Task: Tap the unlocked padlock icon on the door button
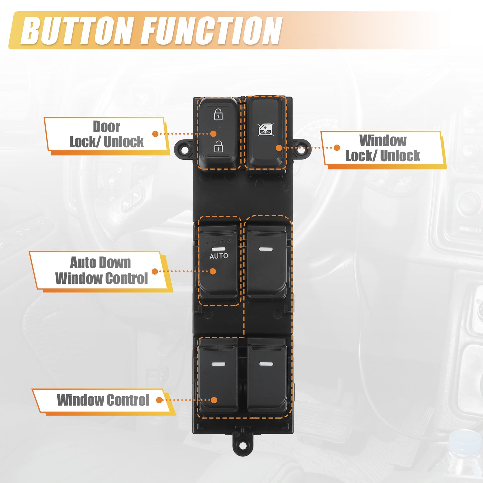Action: click(219, 146)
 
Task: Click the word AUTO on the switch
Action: click(219, 256)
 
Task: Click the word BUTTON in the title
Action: click(77, 31)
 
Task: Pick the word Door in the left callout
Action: click(107, 127)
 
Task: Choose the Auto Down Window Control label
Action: click(102, 271)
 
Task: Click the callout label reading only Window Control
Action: click(103, 400)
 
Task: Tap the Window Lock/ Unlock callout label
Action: click(383, 148)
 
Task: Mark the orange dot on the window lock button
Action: click(279, 148)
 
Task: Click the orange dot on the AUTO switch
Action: click(213, 271)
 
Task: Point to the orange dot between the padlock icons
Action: click(213, 134)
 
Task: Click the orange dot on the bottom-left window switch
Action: click(214, 400)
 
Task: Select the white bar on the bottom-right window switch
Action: click(266, 364)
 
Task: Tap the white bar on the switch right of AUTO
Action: click(266, 249)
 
